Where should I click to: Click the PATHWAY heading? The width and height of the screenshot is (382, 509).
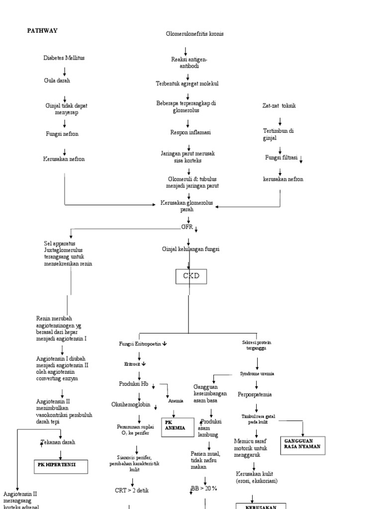coord(42,31)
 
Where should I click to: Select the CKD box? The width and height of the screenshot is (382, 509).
coord(191,276)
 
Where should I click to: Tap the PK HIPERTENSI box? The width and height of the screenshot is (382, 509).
coord(61,466)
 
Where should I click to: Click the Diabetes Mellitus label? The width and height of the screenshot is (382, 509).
coord(64,58)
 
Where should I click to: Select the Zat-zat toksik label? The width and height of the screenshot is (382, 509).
coord(279,106)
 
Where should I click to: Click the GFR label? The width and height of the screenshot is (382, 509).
coord(187,227)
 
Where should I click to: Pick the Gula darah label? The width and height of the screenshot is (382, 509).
coord(55,80)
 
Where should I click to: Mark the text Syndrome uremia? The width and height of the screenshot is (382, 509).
coord(257,373)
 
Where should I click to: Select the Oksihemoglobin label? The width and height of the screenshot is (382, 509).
coord(131,404)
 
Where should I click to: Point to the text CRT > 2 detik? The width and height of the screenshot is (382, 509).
coord(132,490)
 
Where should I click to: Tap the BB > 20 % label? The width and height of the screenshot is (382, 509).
coord(204,489)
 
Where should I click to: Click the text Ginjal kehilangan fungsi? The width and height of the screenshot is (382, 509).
coord(191,249)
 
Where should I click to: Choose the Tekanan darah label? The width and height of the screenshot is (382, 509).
coord(62,441)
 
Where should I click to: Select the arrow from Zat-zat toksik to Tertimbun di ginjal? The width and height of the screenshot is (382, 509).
coord(280,120)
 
